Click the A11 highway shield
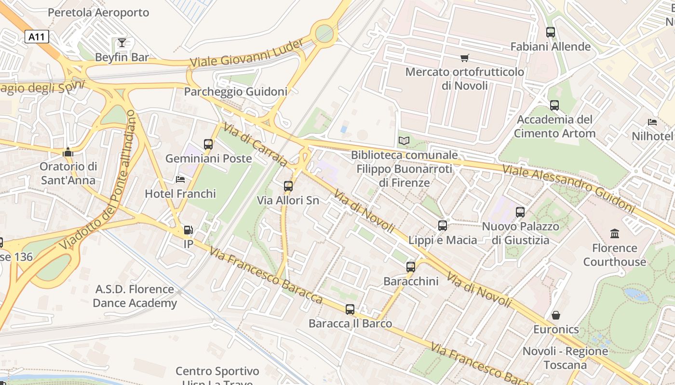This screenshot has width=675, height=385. pyautogui.click(x=37, y=37)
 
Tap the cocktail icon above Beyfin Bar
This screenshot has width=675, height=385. pyautogui.click(x=122, y=43)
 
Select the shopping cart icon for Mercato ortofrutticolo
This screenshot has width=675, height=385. pyautogui.click(x=464, y=58)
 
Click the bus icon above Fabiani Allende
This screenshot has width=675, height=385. pyautogui.click(x=550, y=32)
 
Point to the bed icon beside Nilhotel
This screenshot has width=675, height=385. pyautogui.click(x=652, y=122)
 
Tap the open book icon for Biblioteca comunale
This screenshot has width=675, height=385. pyautogui.click(x=404, y=141)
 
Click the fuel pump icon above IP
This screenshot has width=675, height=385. pyautogui.click(x=188, y=230)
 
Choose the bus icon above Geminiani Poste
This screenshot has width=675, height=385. pyautogui.click(x=208, y=144)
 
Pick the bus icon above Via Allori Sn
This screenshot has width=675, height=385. pyautogui.click(x=288, y=186)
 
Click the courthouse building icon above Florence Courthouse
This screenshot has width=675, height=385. pyautogui.click(x=615, y=234)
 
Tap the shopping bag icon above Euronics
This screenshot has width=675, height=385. pyautogui.click(x=556, y=315)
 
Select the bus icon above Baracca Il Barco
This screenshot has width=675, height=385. pyautogui.click(x=350, y=309)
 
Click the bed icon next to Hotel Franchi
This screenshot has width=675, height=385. pyautogui.click(x=180, y=180)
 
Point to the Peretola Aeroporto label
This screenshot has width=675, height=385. pyautogui.click(x=98, y=13)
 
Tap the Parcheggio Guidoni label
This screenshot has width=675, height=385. pyautogui.click(x=236, y=91)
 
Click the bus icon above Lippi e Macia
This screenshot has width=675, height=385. pyautogui.click(x=442, y=226)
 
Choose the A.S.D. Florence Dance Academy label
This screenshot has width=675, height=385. pyautogui.click(x=135, y=296)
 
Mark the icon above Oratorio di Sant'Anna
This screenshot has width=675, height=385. pyautogui.click(x=68, y=153)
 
